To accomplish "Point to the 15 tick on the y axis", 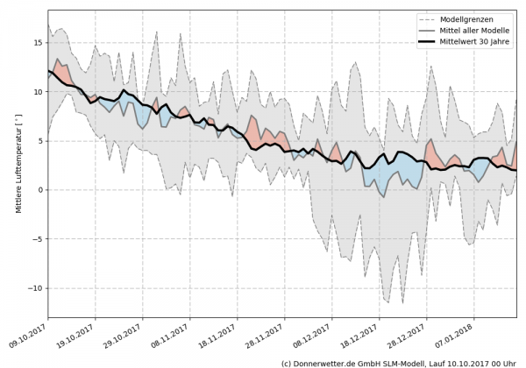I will click(38, 42).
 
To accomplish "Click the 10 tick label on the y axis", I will click(38, 91).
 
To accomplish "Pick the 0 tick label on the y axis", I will click(40, 190).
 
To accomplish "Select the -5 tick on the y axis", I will click(38, 239).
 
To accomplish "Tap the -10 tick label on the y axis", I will click(35, 288).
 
